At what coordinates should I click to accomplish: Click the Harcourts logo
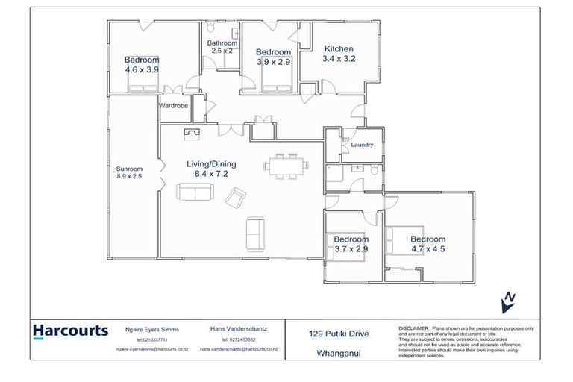pyautogui.click(x=71, y=331)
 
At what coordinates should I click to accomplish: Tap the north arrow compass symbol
pyautogui.click(x=509, y=301)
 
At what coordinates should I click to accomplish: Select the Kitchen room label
pyautogui.click(x=338, y=49)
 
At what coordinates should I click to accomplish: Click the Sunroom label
pyautogui.click(x=129, y=169)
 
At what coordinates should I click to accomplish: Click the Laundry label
pyautogui.click(x=361, y=145)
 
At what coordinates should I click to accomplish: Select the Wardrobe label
pyautogui.click(x=174, y=106)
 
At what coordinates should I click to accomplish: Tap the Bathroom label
pyautogui.click(x=222, y=43)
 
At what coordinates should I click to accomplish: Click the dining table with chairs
pyautogui.click(x=287, y=164)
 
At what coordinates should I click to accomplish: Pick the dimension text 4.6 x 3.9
pyautogui.click(x=142, y=69)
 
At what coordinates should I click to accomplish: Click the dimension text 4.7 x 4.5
pyautogui.click(x=428, y=249)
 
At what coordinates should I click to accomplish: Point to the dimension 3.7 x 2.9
pyautogui.click(x=351, y=249)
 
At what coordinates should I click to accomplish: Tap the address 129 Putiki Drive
pyautogui.click(x=339, y=334)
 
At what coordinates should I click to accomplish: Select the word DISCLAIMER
pyautogui.click(x=413, y=328)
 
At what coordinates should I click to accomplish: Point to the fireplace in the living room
pyautogui.click(x=192, y=134)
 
